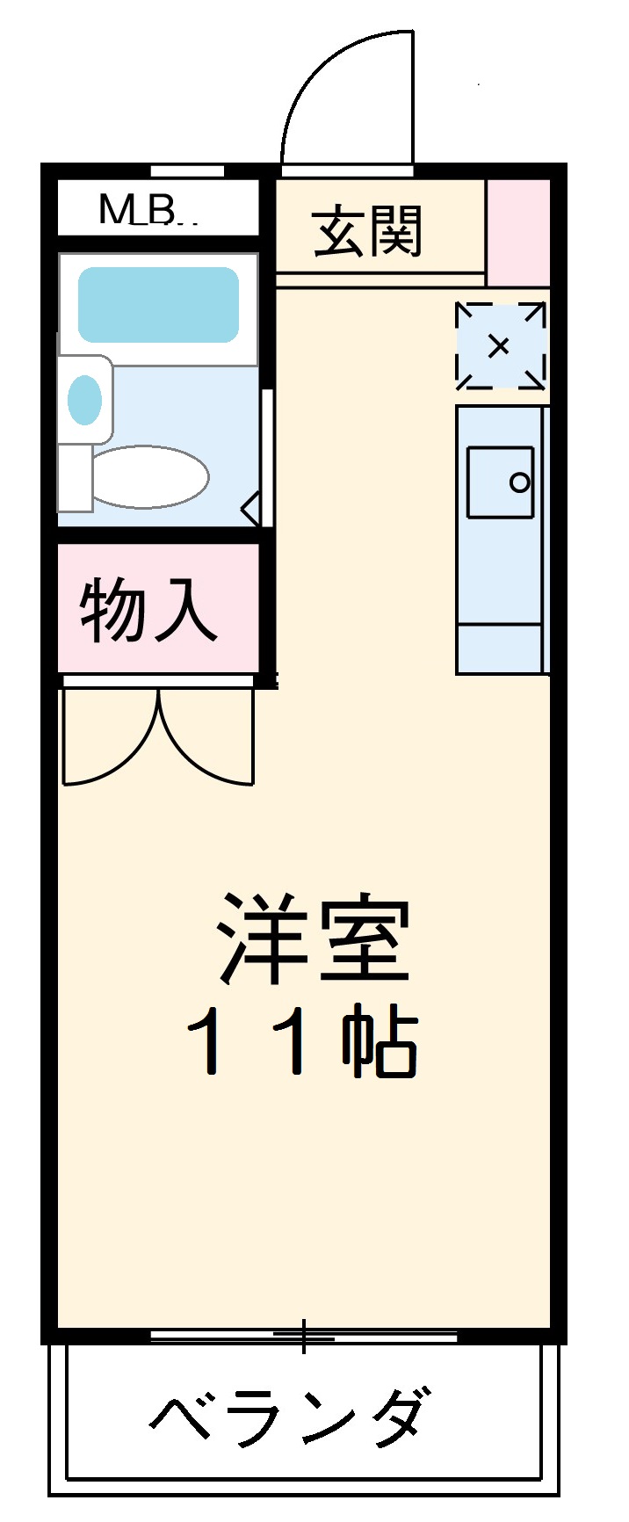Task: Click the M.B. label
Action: click(146, 210)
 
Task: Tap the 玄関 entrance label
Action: click(368, 232)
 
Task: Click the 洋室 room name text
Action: click(314, 939)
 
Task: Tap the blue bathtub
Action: click(159, 305)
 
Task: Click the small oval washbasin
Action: click(85, 400)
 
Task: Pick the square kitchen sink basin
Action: click(500, 482)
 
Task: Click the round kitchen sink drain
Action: click(520, 482)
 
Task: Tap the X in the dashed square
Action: click(498, 345)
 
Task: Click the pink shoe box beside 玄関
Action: click(518, 232)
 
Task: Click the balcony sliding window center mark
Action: click(303, 1337)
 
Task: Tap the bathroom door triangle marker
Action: click(250, 510)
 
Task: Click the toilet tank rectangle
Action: click(75, 478)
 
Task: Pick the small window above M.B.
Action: click(187, 170)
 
